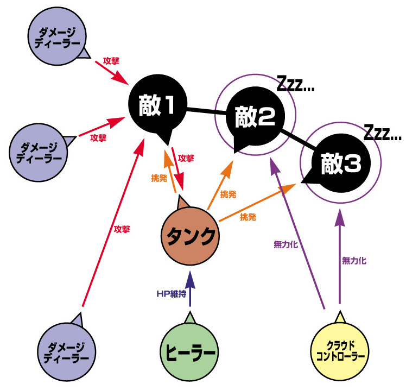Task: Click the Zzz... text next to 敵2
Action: [x=295, y=84]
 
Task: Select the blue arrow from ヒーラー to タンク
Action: [x=189, y=291]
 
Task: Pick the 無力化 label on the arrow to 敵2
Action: [x=286, y=244]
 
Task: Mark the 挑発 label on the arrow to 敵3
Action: [x=249, y=217]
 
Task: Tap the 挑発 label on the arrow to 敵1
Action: [x=158, y=178]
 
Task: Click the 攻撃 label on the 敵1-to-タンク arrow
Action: [x=186, y=159]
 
